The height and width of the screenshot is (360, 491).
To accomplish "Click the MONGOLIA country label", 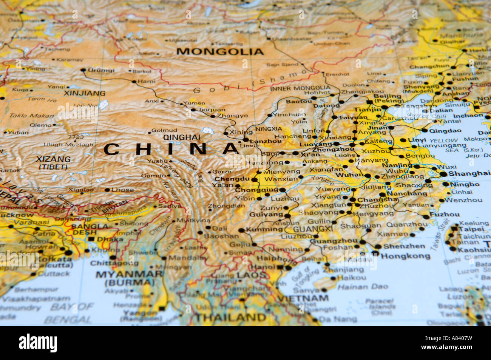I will pos(220,51).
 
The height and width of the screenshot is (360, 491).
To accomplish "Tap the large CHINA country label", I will pos(172,149).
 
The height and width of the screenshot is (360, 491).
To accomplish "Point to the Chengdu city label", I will pos(232,179).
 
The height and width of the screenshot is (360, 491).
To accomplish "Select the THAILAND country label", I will pos(230,317).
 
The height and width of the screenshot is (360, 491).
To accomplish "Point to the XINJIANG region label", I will pos(84,93).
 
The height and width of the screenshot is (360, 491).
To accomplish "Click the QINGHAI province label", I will pos(182,138).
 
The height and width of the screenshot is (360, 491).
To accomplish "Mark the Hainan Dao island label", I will pos(362,287).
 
